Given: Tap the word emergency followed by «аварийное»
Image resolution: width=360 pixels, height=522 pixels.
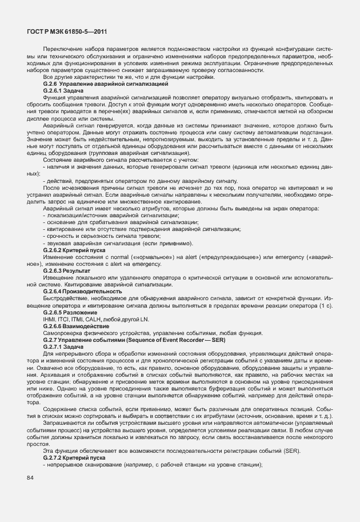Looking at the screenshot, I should click(x=292, y=257).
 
